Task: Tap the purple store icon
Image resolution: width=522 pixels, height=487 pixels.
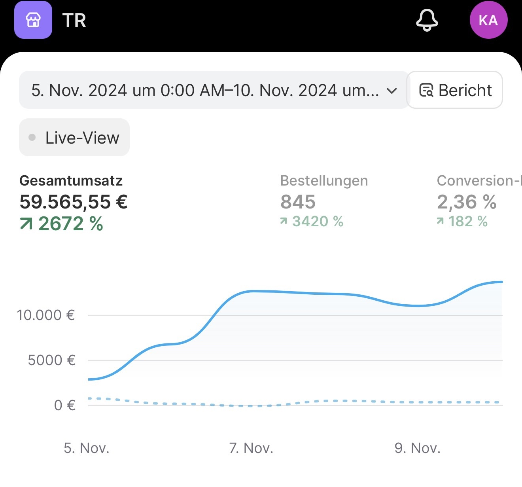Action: (33, 20)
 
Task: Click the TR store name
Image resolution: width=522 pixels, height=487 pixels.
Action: (74, 21)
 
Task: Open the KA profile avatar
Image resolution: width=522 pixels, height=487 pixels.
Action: (488, 20)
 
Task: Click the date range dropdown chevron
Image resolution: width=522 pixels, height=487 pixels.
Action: (391, 91)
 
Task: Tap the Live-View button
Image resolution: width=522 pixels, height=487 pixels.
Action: (74, 138)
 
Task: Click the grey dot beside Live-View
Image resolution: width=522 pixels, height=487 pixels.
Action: (32, 138)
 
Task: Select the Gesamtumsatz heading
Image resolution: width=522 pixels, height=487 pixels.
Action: (71, 181)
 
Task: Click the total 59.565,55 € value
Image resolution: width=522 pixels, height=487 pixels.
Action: (74, 202)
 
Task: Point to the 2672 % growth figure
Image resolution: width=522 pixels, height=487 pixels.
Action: (70, 224)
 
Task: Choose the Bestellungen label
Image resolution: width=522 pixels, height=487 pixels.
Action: (324, 181)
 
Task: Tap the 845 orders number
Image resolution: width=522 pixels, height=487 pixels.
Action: (298, 202)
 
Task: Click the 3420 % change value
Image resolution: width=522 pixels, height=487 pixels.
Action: (318, 222)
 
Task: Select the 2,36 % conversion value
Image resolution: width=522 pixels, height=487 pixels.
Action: (467, 202)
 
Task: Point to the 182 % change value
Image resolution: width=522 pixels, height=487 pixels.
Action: (468, 222)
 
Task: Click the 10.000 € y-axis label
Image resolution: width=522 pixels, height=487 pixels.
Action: (46, 315)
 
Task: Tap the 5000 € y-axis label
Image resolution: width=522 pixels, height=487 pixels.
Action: (51, 360)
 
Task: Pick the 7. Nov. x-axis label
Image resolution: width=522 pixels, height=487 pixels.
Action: (251, 448)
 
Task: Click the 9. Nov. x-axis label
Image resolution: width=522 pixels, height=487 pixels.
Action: (417, 448)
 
